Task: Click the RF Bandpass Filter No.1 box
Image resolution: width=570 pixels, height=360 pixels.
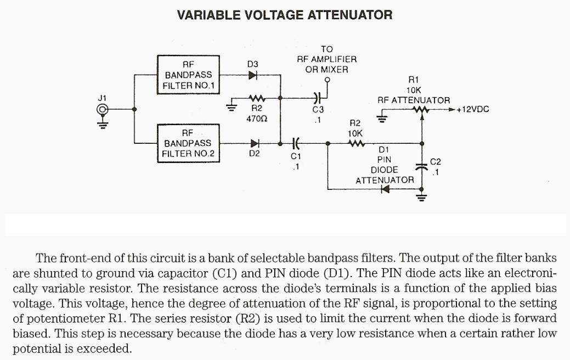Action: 189,74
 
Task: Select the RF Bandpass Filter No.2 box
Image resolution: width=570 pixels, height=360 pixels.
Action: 189,143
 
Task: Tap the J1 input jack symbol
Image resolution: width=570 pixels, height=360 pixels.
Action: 102,110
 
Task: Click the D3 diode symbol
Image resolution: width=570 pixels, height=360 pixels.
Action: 253,75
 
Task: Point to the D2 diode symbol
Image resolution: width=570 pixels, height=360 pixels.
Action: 253,144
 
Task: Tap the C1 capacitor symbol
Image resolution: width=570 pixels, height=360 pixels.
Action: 296,144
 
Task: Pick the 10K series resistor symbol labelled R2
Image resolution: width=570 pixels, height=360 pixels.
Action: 355,144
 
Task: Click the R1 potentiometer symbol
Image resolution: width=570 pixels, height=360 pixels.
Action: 421,110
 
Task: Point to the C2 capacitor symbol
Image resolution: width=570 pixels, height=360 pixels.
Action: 421,166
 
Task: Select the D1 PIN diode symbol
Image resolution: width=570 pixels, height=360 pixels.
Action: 385,189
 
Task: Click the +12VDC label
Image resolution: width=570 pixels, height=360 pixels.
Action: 472,110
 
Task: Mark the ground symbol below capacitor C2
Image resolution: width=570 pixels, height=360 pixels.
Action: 421,196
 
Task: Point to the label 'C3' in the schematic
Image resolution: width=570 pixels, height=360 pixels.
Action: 318,110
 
